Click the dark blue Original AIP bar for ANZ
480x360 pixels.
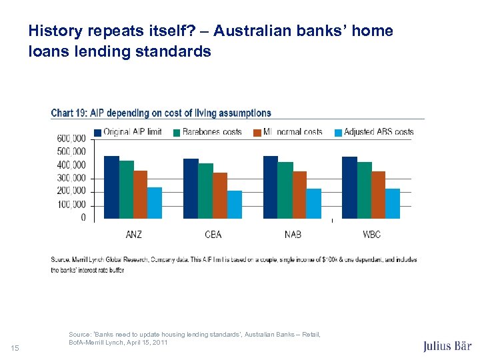click(111, 187)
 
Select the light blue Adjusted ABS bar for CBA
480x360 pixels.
click(234, 205)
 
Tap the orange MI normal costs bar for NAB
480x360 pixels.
click(299, 195)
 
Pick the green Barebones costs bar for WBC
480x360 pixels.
click(365, 190)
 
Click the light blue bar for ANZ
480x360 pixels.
click(155, 203)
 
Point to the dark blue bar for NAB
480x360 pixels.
click(271, 187)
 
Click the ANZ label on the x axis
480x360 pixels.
click(133, 234)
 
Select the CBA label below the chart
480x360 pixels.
click(213, 234)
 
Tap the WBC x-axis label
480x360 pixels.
click(371, 234)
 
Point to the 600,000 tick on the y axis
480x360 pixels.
click(71, 138)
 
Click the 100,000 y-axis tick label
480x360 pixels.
click(71, 204)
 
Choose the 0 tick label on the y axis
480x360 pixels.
click(83, 217)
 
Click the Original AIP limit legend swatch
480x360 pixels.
click(98, 132)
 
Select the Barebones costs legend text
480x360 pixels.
click(212, 132)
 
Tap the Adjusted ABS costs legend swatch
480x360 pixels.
click(338, 132)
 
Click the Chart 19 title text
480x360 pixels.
click(161, 113)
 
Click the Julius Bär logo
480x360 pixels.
click(447, 346)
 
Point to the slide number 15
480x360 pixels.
click(15, 347)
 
